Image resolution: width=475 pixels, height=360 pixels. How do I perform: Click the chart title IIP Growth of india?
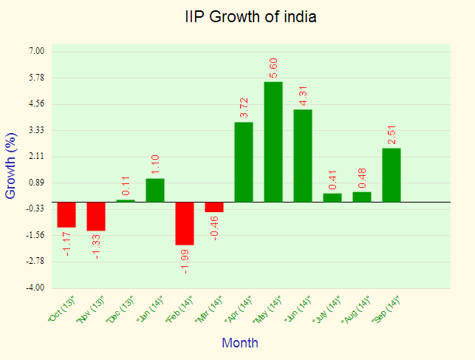[250, 16]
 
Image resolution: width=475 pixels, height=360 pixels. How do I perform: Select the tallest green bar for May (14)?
[273, 141]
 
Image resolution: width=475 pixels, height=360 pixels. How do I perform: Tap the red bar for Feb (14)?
[185, 223]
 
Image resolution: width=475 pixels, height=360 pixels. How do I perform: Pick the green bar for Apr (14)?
[244, 162]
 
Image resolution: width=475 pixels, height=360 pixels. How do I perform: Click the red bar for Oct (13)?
[66, 214]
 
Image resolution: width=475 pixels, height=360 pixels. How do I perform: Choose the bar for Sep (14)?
[392, 175]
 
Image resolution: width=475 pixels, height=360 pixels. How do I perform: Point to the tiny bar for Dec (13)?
[126, 200]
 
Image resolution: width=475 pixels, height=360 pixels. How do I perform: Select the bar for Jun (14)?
[303, 155]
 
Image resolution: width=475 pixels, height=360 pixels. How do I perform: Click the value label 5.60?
[274, 67]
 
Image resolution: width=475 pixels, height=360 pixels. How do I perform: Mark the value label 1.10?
[156, 165]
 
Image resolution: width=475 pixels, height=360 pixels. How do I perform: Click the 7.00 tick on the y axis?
[37, 51]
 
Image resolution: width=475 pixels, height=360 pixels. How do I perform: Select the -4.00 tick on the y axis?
[36, 288]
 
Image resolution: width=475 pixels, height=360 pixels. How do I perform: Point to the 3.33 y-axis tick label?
[37, 130]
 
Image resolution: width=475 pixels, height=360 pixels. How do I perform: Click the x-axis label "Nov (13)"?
[92, 310]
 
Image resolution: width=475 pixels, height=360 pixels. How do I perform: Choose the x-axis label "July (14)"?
[328, 310]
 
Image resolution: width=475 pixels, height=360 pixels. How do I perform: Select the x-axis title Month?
[240, 343]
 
